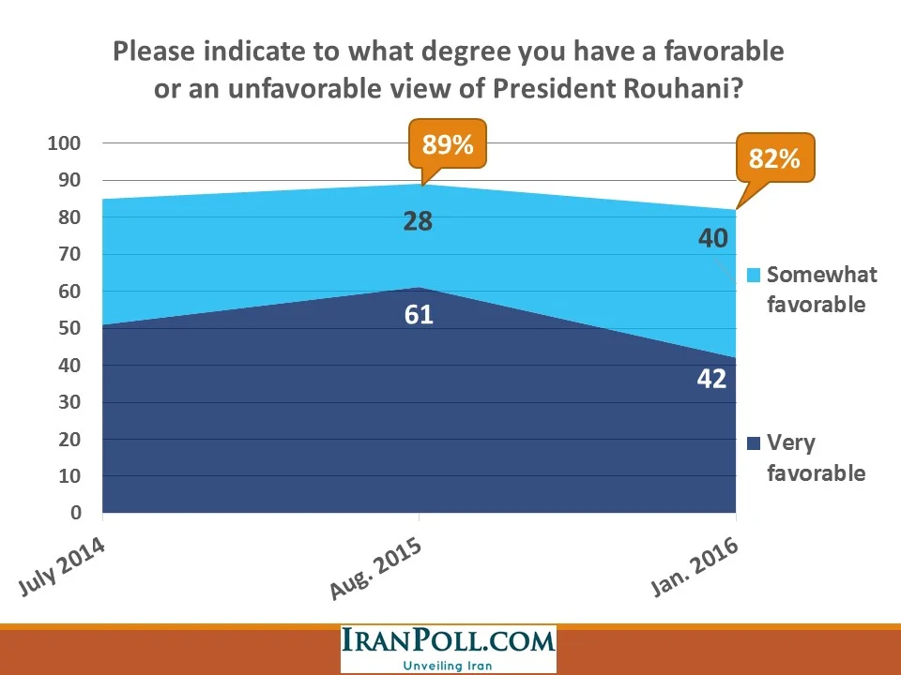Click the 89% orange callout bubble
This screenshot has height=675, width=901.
pos(448,144)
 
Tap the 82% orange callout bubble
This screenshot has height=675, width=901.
pos(775,158)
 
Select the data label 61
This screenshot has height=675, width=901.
pos(419,314)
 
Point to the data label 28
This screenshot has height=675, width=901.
pos(418,222)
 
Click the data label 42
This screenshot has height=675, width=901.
pos(712,380)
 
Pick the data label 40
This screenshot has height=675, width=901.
pos(712,238)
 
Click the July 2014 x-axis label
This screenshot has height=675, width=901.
pos(62,568)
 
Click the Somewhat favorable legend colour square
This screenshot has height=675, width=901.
pos(753,276)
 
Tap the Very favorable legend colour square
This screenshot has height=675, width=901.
pos(753,443)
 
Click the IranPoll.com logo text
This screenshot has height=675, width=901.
pos(448,644)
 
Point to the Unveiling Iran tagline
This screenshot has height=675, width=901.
pos(448,666)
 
